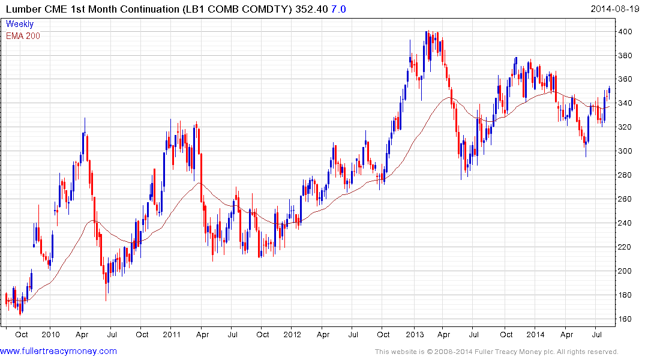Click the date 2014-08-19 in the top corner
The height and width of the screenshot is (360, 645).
click(x=616, y=8)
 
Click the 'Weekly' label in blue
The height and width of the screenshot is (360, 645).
click(x=20, y=24)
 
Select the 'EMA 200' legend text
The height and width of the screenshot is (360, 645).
click(x=23, y=35)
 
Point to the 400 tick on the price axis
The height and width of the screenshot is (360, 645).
click(x=626, y=31)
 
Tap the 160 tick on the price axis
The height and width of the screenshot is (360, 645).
click(x=626, y=319)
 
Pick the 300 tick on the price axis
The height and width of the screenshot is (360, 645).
click(x=626, y=151)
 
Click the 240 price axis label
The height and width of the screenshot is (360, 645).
click(x=626, y=223)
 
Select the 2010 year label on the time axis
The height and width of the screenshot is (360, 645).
click(x=50, y=334)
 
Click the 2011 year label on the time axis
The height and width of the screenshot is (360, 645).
click(x=172, y=334)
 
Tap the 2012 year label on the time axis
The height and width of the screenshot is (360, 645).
click(x=292, y=334)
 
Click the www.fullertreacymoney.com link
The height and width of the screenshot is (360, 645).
click(x=58, y=351)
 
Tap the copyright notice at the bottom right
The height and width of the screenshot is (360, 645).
click(x=496, y=352)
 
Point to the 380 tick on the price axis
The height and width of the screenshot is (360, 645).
click(x=626, y=55)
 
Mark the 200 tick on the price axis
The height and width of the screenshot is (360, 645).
click(x=626, y=271)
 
